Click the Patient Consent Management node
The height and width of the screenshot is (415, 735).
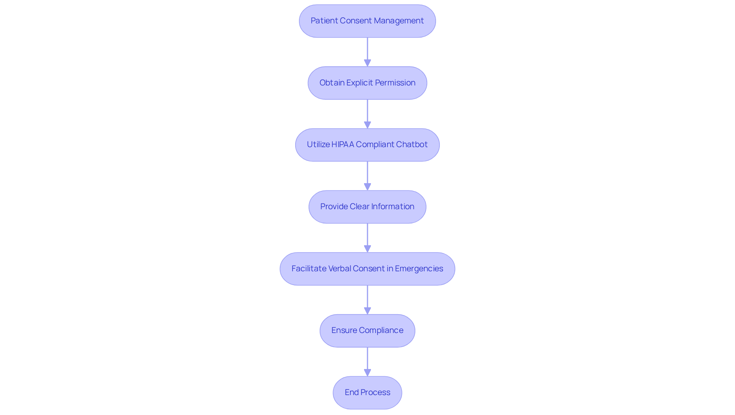(367, 21)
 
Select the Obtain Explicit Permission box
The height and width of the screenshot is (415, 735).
(367, 83)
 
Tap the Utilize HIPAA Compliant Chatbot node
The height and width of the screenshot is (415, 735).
(367, 145)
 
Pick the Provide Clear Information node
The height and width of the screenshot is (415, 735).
(367, 207)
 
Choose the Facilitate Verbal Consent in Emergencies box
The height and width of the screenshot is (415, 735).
(367, 269)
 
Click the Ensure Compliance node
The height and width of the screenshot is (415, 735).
(367, 331)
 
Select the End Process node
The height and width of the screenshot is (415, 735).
(367, 392)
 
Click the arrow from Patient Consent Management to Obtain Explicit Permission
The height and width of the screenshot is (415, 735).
(367, 52)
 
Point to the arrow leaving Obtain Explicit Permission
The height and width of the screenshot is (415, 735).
(367, 114)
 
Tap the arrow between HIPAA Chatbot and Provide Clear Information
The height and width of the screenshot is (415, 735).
(367, 176)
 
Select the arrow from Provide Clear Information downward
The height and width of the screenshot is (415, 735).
(367, 238)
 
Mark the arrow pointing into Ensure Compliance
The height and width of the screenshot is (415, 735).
(367, 300)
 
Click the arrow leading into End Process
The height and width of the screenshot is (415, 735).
(367, 361)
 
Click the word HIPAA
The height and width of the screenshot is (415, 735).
(343, 144)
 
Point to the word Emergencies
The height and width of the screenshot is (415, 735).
(419, 269)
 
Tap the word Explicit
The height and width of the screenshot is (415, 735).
(359, 83)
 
